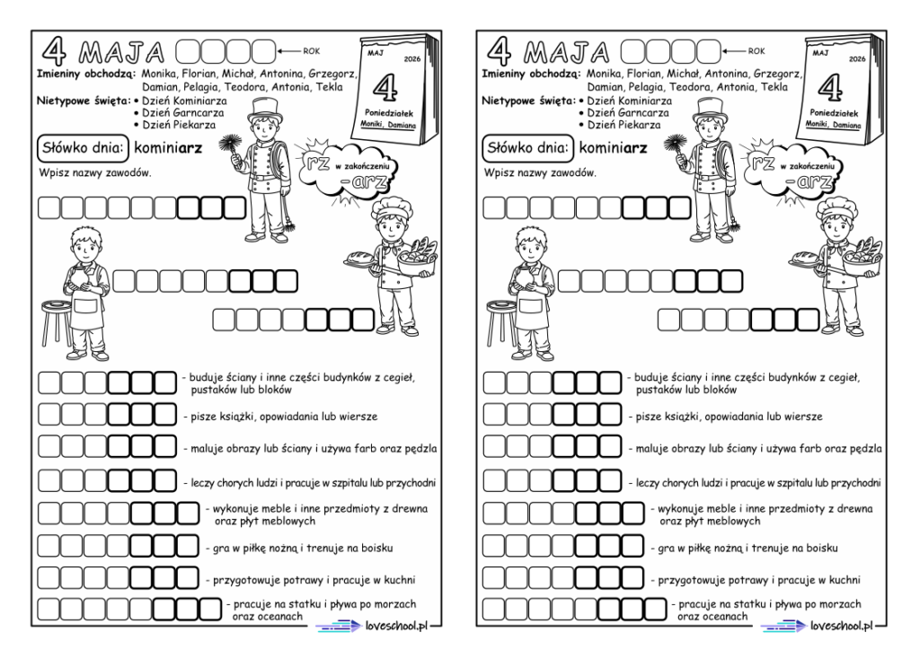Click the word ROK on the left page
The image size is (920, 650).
[312, 51]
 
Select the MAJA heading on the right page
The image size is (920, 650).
[564, 50]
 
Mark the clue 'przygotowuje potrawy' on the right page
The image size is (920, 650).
[760, 579]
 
